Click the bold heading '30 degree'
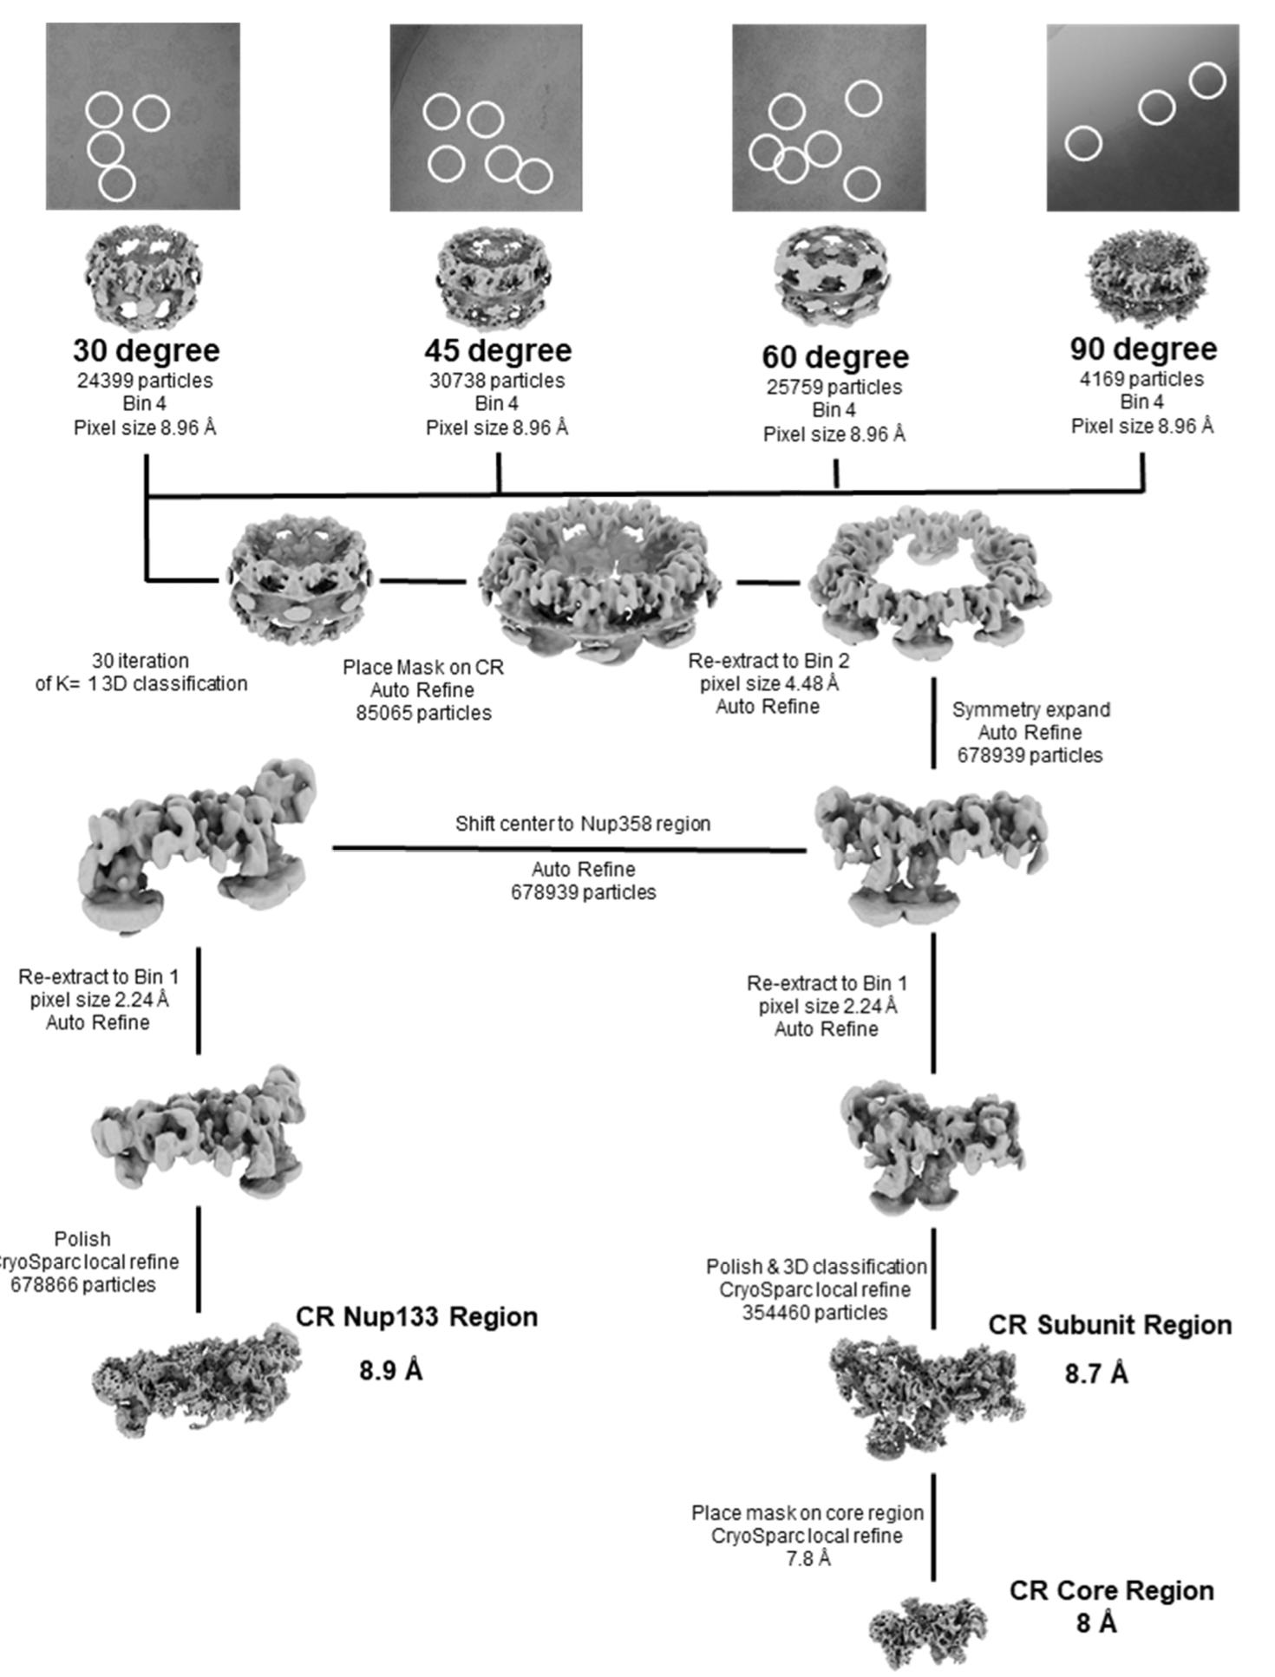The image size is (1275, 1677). (x=146, y=350)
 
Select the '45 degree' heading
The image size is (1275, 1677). (x=498, y=350)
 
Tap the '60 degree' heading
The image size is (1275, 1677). (x=835, y=356)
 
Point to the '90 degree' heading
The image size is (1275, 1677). (x=1142, y=349)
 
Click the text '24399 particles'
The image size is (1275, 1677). (x=145, y=381)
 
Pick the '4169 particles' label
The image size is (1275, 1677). (x=1141, y=379)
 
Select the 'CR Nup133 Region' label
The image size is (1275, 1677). (x=416, y=1316)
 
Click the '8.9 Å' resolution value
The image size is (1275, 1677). (x=390, y=1371)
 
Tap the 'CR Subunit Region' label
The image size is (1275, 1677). (x=1109, y=1325)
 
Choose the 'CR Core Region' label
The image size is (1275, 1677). (x=1111, y=1590)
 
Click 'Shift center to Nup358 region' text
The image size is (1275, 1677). (x=583, y=823)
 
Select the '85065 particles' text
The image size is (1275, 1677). (x=423, y=713)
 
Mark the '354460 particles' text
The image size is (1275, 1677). (x=814, y=1313)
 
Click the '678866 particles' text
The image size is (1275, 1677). (x=83, y=1285)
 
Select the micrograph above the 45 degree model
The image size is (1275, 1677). (x=486, y=117)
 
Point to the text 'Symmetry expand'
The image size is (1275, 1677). (x=1030, y=709)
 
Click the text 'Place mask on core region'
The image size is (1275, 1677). (x=807, y=1513)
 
